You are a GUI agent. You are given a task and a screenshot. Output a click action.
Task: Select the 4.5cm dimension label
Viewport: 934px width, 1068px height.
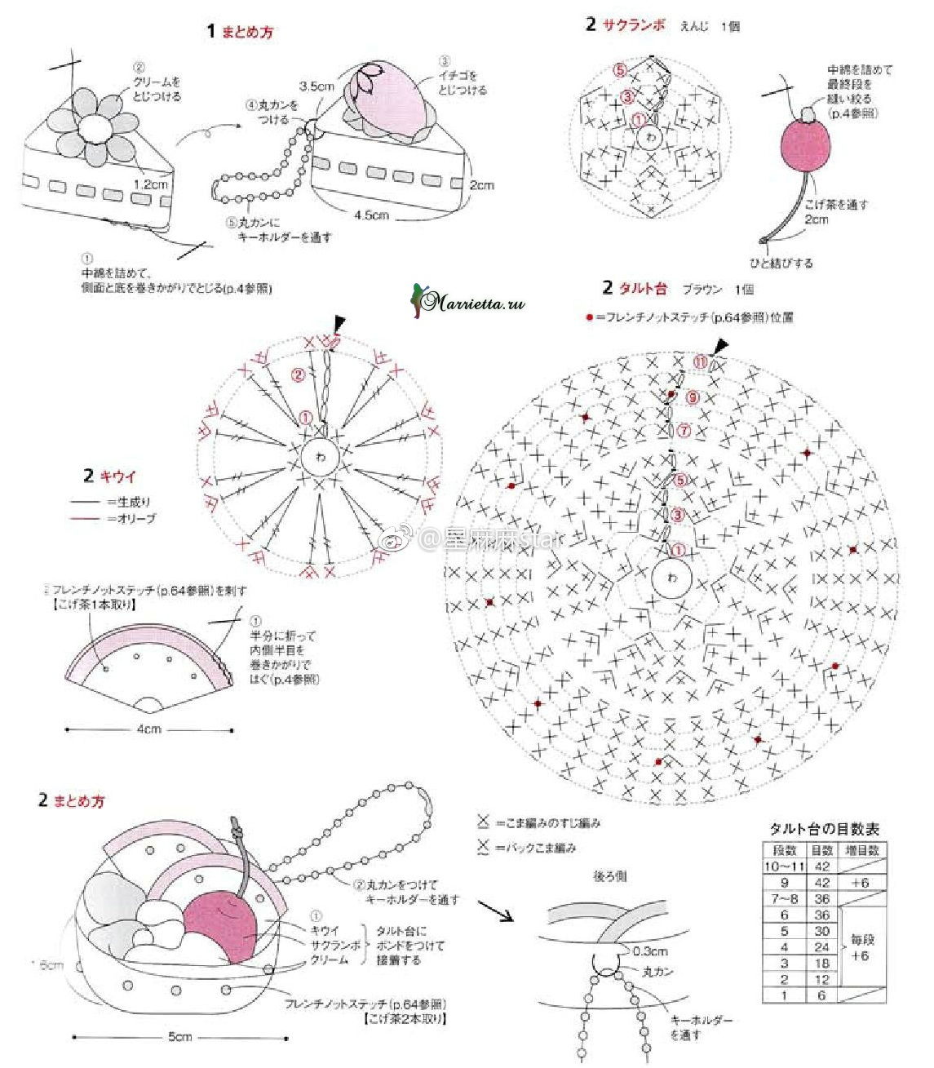[371, 215]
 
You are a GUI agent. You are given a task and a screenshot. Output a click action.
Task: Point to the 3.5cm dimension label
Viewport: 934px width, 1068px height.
[316, 86]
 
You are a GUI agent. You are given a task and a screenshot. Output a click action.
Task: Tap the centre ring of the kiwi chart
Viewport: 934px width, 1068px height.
[320, 457]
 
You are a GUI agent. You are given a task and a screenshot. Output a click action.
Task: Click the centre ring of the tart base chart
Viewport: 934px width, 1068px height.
[671, 578]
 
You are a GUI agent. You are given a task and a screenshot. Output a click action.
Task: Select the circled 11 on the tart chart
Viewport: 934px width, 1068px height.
[700, 362]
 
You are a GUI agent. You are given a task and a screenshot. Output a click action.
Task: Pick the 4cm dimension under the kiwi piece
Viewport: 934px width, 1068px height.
[148, 729]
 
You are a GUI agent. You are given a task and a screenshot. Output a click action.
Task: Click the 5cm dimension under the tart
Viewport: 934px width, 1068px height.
[179, 1037]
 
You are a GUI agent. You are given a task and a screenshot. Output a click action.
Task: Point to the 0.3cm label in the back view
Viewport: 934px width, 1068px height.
[650, 951]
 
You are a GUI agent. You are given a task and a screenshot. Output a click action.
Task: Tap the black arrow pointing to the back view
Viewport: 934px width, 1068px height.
[494, 911]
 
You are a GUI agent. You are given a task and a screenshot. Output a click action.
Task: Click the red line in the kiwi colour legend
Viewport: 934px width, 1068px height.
[84, 518]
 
